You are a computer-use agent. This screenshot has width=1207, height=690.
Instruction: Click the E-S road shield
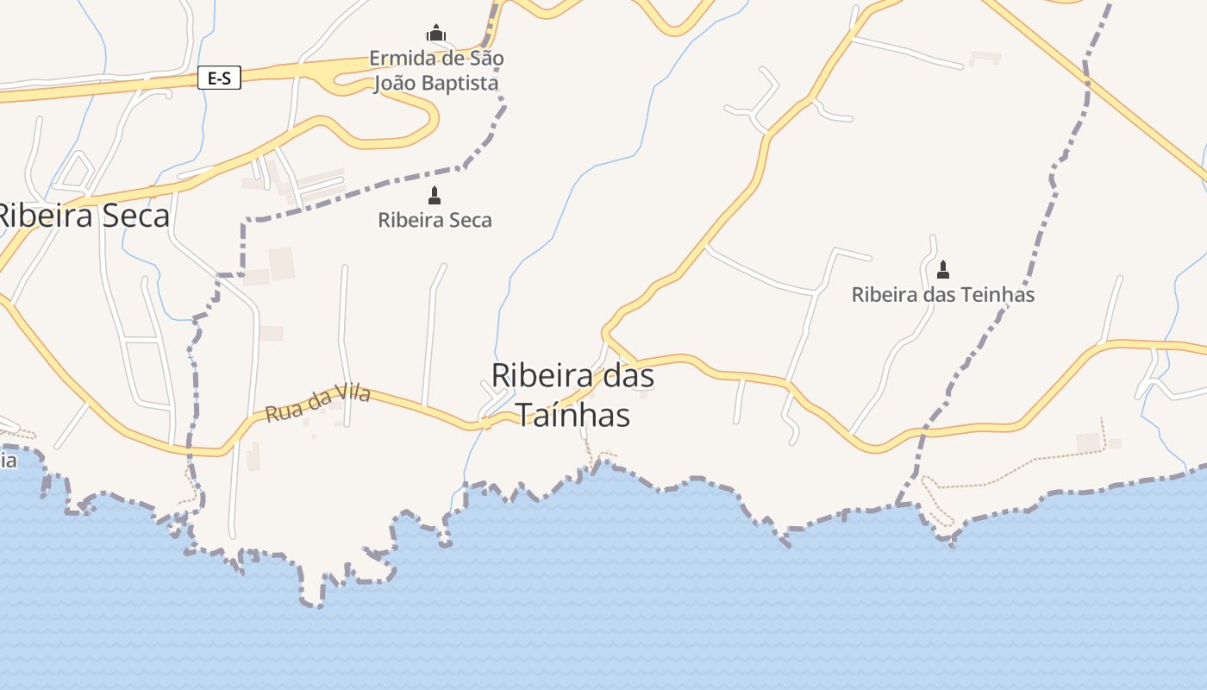(x=219, y=78)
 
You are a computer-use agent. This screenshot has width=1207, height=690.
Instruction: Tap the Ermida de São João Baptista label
(x=436, y=71)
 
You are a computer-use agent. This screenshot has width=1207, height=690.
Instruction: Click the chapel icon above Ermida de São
(x=436, y=34)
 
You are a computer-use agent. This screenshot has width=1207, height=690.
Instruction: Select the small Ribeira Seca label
(x=435, y=220)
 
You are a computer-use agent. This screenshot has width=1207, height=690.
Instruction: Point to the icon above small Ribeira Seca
(x=435, y=196)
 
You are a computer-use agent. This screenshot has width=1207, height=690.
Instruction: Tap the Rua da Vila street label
(x=318, y=404)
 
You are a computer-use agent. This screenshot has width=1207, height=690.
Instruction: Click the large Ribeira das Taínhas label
(x=573, y=395)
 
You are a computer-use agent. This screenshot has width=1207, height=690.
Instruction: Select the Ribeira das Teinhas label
(x=942, y=294)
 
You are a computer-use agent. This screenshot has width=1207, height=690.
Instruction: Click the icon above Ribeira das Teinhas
(x=942, y=269)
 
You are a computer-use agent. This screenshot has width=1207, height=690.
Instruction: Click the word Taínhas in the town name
(x=573, y=415)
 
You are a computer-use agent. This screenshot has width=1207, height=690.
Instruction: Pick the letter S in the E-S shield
(x=226, y=78)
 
